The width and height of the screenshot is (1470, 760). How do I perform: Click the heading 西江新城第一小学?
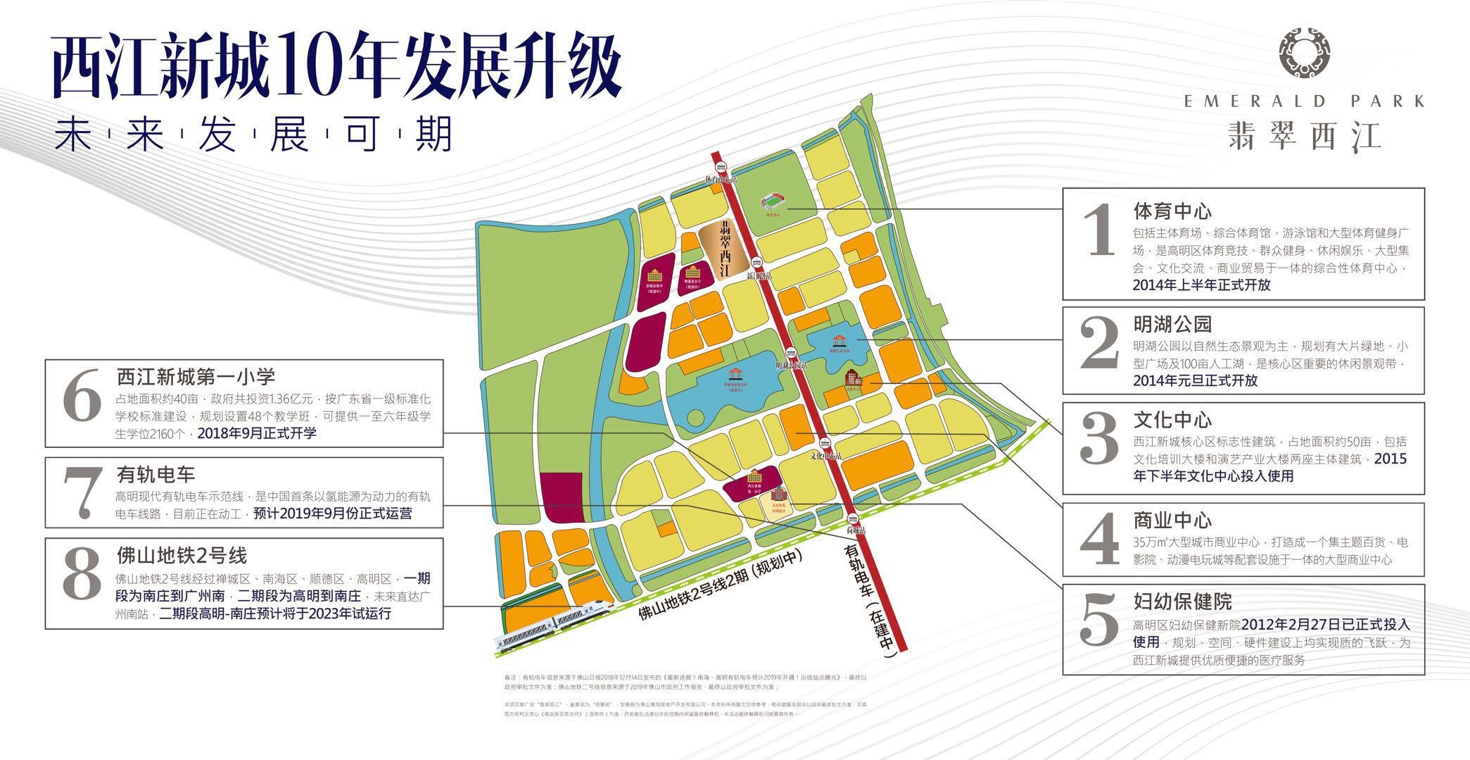[x=196, y=377]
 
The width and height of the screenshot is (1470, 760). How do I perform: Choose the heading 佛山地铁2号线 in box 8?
[x=182, y=556]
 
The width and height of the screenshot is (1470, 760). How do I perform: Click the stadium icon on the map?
[x=771, y=203]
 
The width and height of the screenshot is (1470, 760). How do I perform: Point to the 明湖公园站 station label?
[x=791, y=366]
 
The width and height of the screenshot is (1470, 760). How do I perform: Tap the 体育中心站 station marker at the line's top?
[x=721, y=167]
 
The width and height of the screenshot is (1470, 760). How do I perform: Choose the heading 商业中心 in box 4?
[x=1172, y=521]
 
